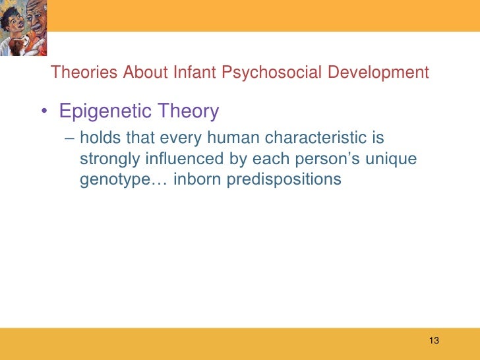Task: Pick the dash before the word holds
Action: point(70,140)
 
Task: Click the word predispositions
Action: point(284,179)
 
